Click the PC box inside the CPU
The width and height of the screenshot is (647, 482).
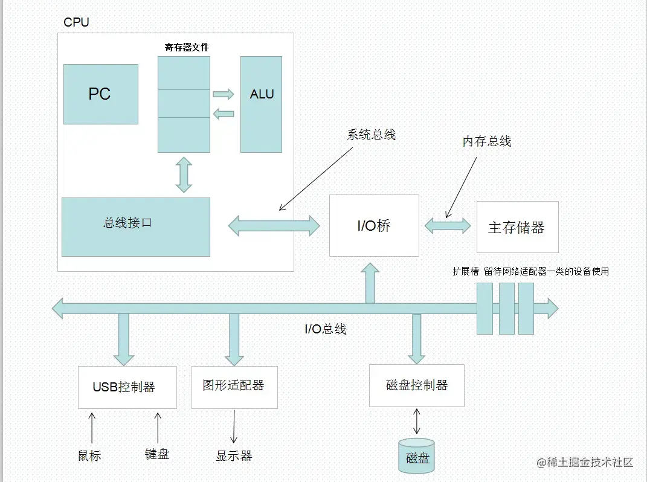coord(101,94)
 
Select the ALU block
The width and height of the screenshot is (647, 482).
coord(261,104)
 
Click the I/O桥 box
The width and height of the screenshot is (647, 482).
coord(374,226)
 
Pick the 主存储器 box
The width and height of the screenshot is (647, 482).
coord(517,227)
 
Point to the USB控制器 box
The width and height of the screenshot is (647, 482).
coord(127,387)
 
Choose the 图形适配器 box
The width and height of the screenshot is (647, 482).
coord(234,386)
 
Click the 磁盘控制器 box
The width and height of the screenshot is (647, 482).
coord(416,385)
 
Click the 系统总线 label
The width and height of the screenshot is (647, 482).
coord(371,135)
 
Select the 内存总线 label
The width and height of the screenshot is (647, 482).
coord(487,141)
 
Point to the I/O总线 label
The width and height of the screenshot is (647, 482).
coord(326,329)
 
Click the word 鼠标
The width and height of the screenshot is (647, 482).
coord(89,455)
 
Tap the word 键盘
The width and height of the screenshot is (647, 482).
coord(157,454)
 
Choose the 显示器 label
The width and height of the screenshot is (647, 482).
coord(234,455)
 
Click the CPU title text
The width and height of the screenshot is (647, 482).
coord(76,23)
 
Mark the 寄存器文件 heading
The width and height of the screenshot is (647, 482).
coord(187,47)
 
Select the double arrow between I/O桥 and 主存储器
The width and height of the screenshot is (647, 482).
coord(448,226)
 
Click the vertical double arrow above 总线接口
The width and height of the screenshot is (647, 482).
coord(184,175)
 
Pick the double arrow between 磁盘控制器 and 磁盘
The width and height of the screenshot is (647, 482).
coord(416,421)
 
